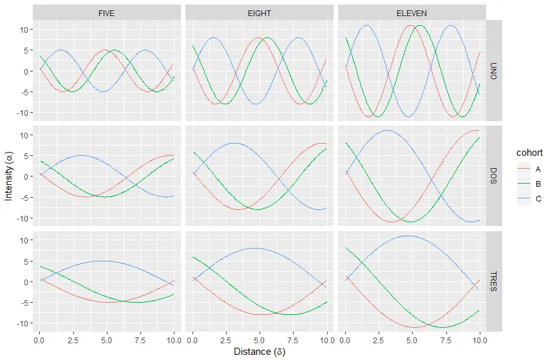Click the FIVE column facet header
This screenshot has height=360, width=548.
pos(106,13)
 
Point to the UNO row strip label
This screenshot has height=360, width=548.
pos(494,71)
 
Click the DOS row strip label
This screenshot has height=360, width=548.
pos(494,176)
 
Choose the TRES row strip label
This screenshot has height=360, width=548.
pos(494,281)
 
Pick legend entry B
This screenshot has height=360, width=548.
pos(537,184)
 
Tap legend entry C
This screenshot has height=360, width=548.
pos(537,199)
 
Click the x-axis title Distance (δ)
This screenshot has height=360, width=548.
pos(259,352)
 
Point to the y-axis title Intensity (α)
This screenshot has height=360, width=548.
pos(8,176)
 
